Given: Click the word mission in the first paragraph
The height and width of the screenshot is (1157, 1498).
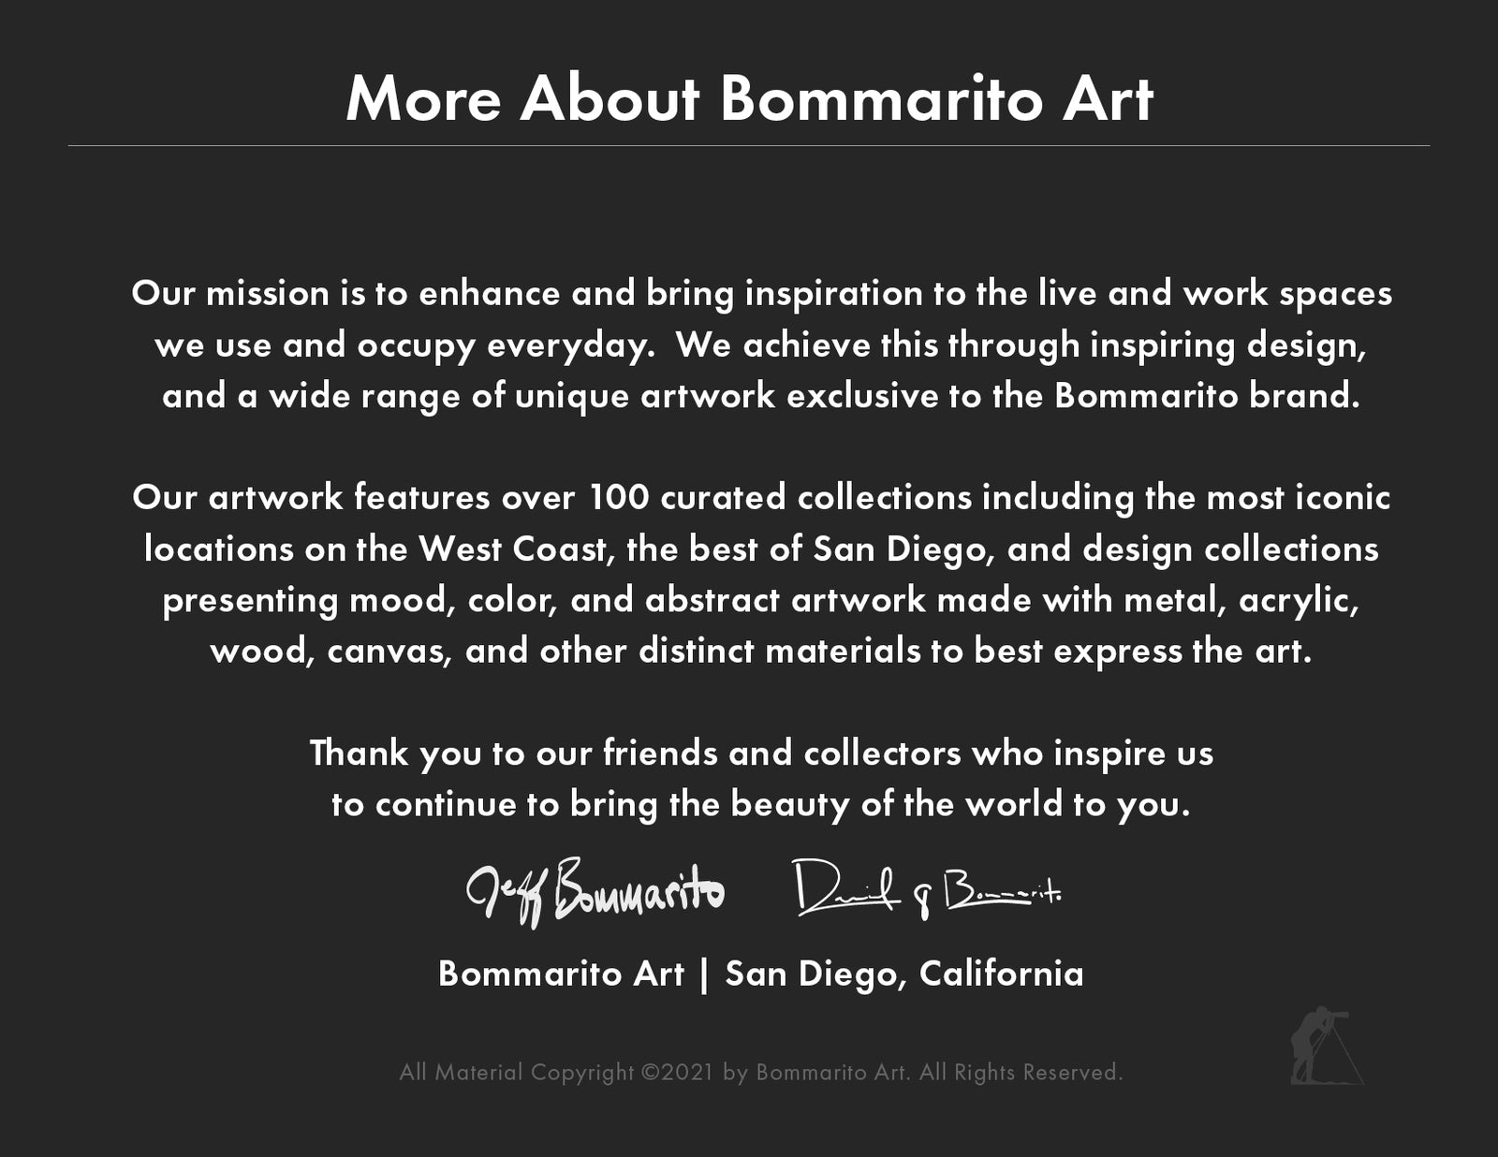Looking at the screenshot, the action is pyautogui.click(x=268, y=293).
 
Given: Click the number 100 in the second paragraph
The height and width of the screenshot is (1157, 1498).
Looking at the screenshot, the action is pyautogui.click(x=619, y=498).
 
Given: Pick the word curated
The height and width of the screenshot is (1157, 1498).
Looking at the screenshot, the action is pyautogui.click(x=723, y=498).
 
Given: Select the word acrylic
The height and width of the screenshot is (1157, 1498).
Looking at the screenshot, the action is pyautogui.click(x=1298, y=600).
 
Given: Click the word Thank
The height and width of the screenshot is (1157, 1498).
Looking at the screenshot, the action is pyautogui.click(x=359, y=753).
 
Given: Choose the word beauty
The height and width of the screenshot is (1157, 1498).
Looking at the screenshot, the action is pyautogui.click(x=790, y=804).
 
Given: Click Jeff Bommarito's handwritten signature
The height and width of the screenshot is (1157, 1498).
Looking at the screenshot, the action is pyautogui.click(x=595, y=893).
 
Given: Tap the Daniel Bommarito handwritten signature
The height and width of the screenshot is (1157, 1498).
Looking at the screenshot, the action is pyautogui.click(x=927, y=889).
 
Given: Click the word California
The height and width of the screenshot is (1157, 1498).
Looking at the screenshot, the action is pyautogui.click(x=1001, y=974).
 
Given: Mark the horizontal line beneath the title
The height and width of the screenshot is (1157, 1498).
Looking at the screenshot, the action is pyautogui.click(x=749, y=145).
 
